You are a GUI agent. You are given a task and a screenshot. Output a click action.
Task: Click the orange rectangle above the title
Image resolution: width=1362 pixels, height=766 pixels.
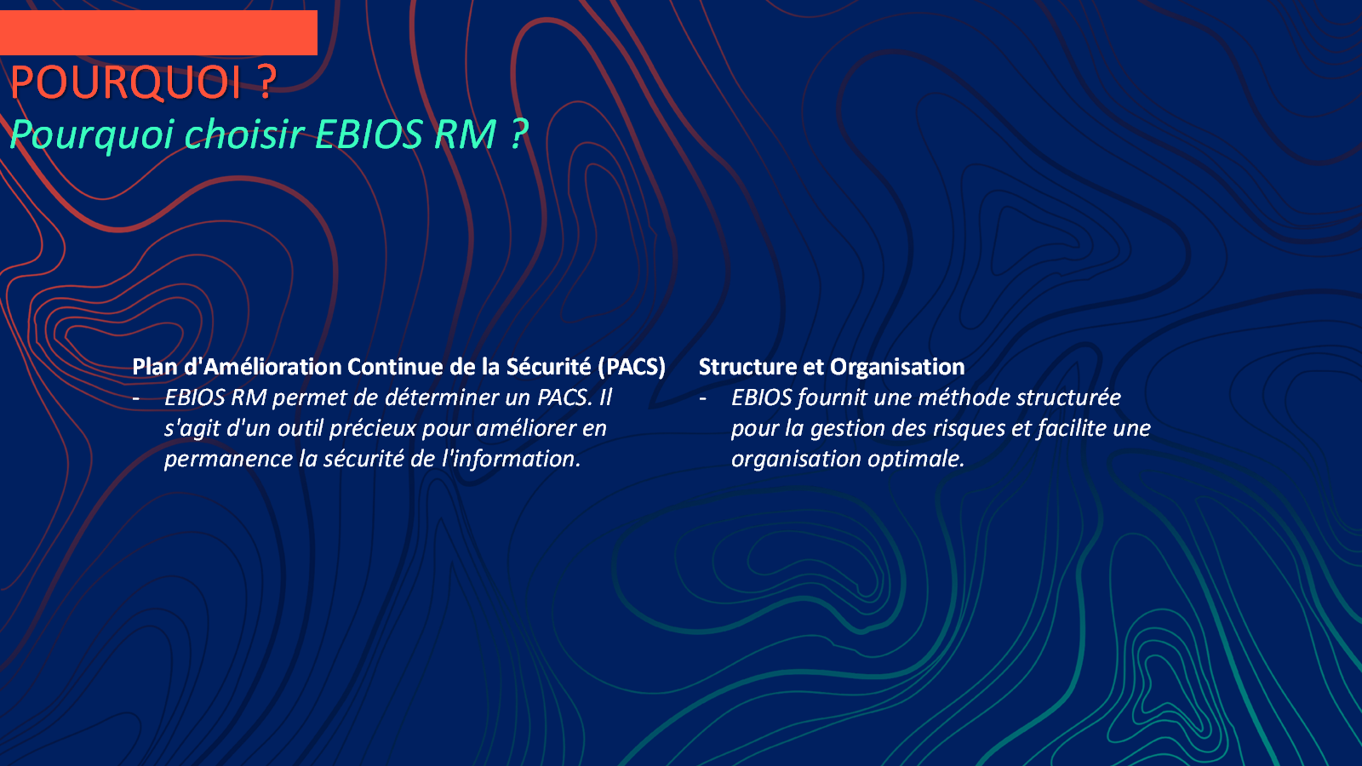pyautogui.click(x=158, y=33)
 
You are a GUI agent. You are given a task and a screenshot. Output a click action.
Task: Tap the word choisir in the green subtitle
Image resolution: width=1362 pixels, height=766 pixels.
pyautogui.click(x=243, y=134)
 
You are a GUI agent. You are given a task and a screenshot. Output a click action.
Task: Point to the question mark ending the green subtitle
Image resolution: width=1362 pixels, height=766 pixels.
pyautogui.click(x=518, y=134)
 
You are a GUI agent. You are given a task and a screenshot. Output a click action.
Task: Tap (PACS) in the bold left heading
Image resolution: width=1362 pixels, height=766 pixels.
pyautogui.click(x=631, y=367)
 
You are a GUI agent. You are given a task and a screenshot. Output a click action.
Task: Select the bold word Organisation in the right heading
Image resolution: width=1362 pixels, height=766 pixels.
pyautogui.click(x=897, y=367)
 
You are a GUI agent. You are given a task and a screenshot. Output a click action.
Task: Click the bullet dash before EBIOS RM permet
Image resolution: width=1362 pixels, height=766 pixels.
pyautogui.click(x=136, y=399)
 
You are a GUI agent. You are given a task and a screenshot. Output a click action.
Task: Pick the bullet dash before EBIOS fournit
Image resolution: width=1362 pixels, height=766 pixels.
pyautogui.click(x=703, y=399)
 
